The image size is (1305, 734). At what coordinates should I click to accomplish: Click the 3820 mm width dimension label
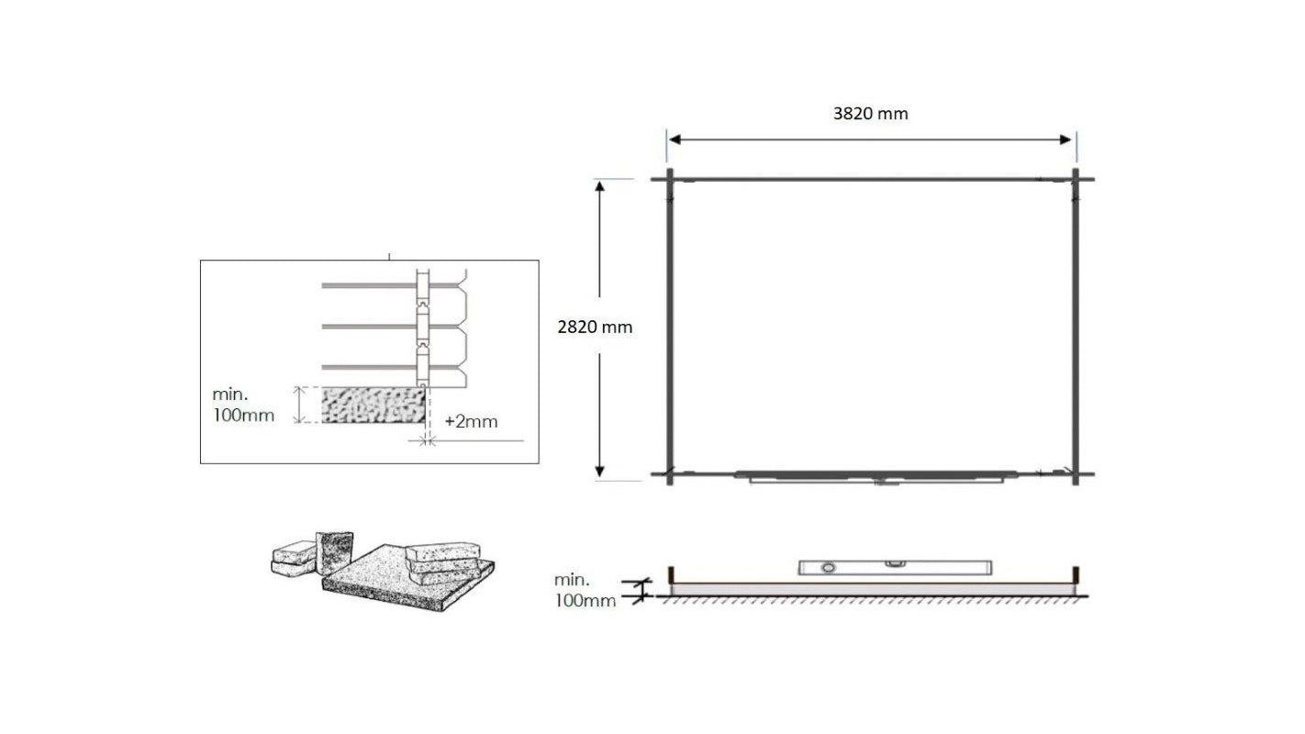(870, 114)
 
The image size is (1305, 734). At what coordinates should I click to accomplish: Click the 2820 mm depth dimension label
(595, 327)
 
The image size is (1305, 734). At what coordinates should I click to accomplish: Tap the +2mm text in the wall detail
(471, 422)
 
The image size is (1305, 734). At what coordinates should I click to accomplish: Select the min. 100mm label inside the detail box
(243, 405)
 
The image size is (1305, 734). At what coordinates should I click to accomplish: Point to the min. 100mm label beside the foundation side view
(585, 590)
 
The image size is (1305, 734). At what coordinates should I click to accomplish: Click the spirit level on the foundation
(895, 567)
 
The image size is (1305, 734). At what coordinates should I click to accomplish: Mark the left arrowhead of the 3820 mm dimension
(674, 139)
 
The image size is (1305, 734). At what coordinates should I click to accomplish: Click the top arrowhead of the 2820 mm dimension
(600, 186)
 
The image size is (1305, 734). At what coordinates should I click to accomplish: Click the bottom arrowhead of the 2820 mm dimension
(600, 471)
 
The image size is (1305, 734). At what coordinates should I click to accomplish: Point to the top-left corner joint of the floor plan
(670, 179)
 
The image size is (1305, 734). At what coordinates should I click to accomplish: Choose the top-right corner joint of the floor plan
(1076, 179)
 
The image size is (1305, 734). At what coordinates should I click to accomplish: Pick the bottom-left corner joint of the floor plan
(670, 474)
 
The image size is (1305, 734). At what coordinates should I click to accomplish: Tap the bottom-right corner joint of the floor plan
(1076, 474)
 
